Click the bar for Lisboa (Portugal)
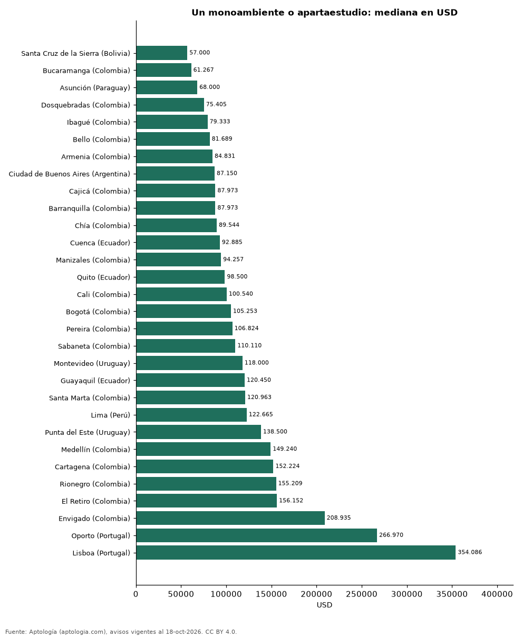click(x=296, y=552)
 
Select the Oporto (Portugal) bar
click(x=257, y=535)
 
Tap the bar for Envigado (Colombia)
click(x=230, y=518)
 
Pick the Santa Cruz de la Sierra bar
click(x=162, y=53)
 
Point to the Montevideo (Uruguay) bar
click(x=189, y=363)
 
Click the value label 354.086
click(x=470, y=552)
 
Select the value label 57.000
click(x=200, y=53)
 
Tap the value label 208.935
click(x=339, y=517)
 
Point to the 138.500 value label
click(x=275, y=432)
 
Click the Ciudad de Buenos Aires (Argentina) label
click(x=69, y=174)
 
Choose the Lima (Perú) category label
click(x=110, y=415)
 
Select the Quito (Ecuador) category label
click(x=103, y=277)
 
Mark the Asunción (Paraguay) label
click(x=95, y=88)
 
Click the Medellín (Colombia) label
click(x=95, y=450)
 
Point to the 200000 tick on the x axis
click(x=316, y=594)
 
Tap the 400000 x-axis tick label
click(x=497, y=594)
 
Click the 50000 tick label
click(x=181, y=594)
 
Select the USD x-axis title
click(x=324, y=605)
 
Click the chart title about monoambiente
click(x=324, y=13)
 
